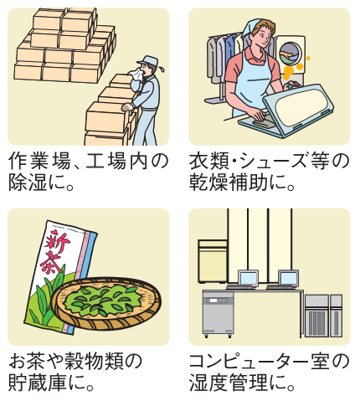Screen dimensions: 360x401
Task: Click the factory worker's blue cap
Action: tap(147, 60)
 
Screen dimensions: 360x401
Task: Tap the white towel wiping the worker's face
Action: tap(136, 75)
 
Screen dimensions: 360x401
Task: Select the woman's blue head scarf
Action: tap(250, 28)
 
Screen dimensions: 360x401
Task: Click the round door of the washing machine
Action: tap(291, 54)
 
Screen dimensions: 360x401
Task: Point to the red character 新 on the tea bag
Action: tap(57, 241)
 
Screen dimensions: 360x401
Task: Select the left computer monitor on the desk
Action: tap(248, 278)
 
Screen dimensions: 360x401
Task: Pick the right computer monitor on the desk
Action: tap(288, 278)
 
